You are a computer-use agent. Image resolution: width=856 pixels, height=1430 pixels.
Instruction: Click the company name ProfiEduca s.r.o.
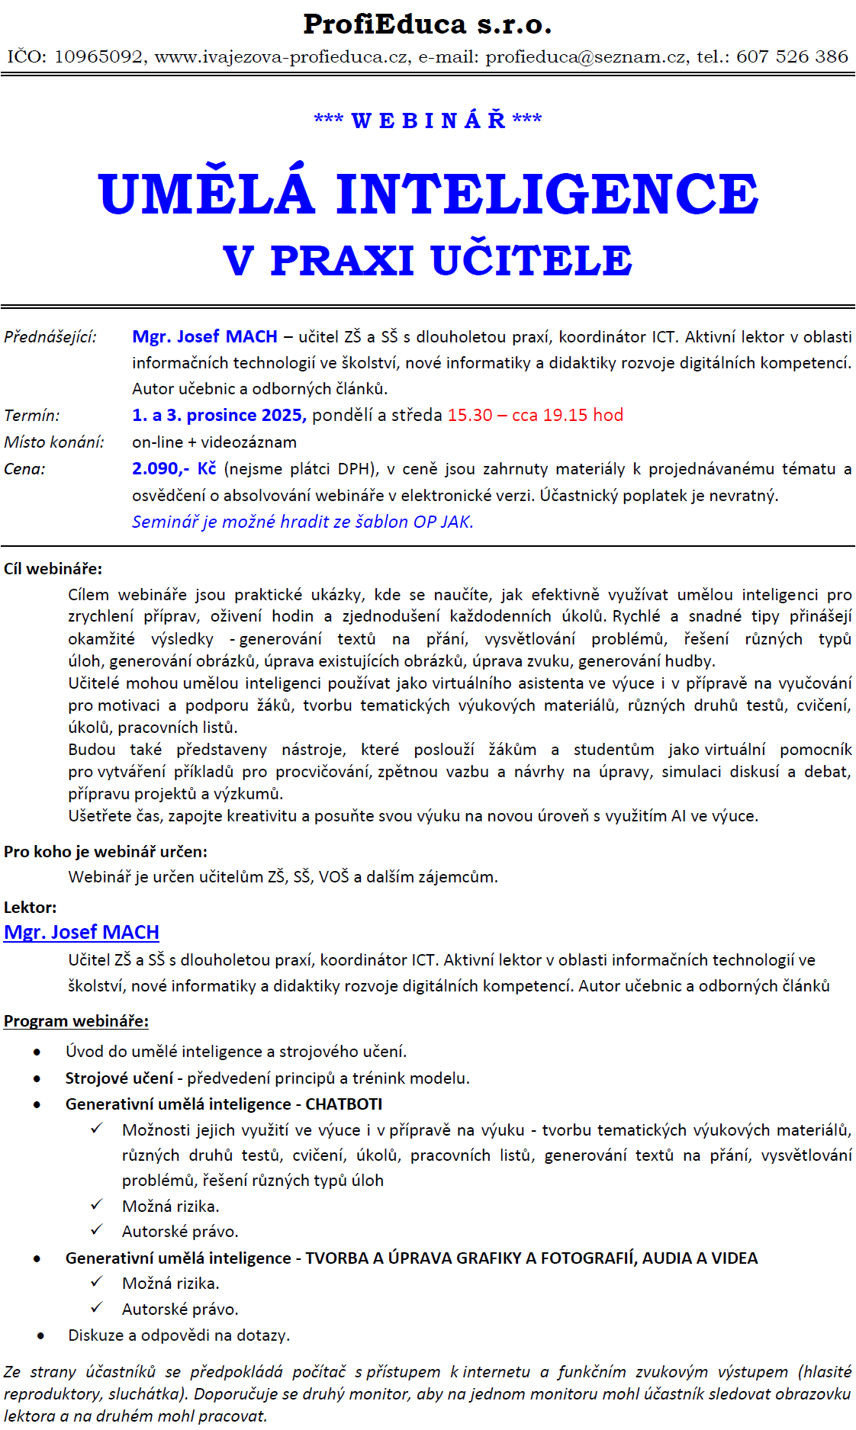pos(427,24)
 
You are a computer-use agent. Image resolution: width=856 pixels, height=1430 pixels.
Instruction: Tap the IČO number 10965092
pos(98,57)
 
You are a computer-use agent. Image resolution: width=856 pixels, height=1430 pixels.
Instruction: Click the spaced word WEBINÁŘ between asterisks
pos(428,121)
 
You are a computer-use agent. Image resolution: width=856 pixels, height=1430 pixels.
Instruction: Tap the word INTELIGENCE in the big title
pos(547,194)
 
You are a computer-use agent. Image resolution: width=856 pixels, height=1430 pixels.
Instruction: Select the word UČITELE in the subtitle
pos(532,261)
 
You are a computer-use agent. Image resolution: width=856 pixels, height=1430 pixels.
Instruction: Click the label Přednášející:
pos(50,337)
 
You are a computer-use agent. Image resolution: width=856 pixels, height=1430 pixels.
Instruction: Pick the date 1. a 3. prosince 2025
pos(219,416)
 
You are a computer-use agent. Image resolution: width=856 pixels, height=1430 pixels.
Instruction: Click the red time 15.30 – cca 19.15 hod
pos(535,416)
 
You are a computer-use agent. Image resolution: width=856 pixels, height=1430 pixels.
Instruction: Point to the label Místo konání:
pos(54,442)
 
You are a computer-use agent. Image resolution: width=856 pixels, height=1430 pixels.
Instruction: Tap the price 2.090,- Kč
pos(174,469)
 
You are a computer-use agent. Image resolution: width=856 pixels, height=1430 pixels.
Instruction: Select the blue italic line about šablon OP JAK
pos(303,522)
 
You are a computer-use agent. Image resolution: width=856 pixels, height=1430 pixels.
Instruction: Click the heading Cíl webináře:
pos(53,569)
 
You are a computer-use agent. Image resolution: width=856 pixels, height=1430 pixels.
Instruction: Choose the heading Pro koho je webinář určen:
pos(105,852)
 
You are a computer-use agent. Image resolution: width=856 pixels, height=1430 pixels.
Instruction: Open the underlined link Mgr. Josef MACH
pos(82,933)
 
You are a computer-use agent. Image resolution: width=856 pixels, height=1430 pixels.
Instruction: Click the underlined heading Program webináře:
pos(76,1021)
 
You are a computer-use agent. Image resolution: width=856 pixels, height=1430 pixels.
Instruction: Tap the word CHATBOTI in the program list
pos(344,1104)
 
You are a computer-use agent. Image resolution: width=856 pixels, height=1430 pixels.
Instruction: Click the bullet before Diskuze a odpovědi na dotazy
pos(40,1336)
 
